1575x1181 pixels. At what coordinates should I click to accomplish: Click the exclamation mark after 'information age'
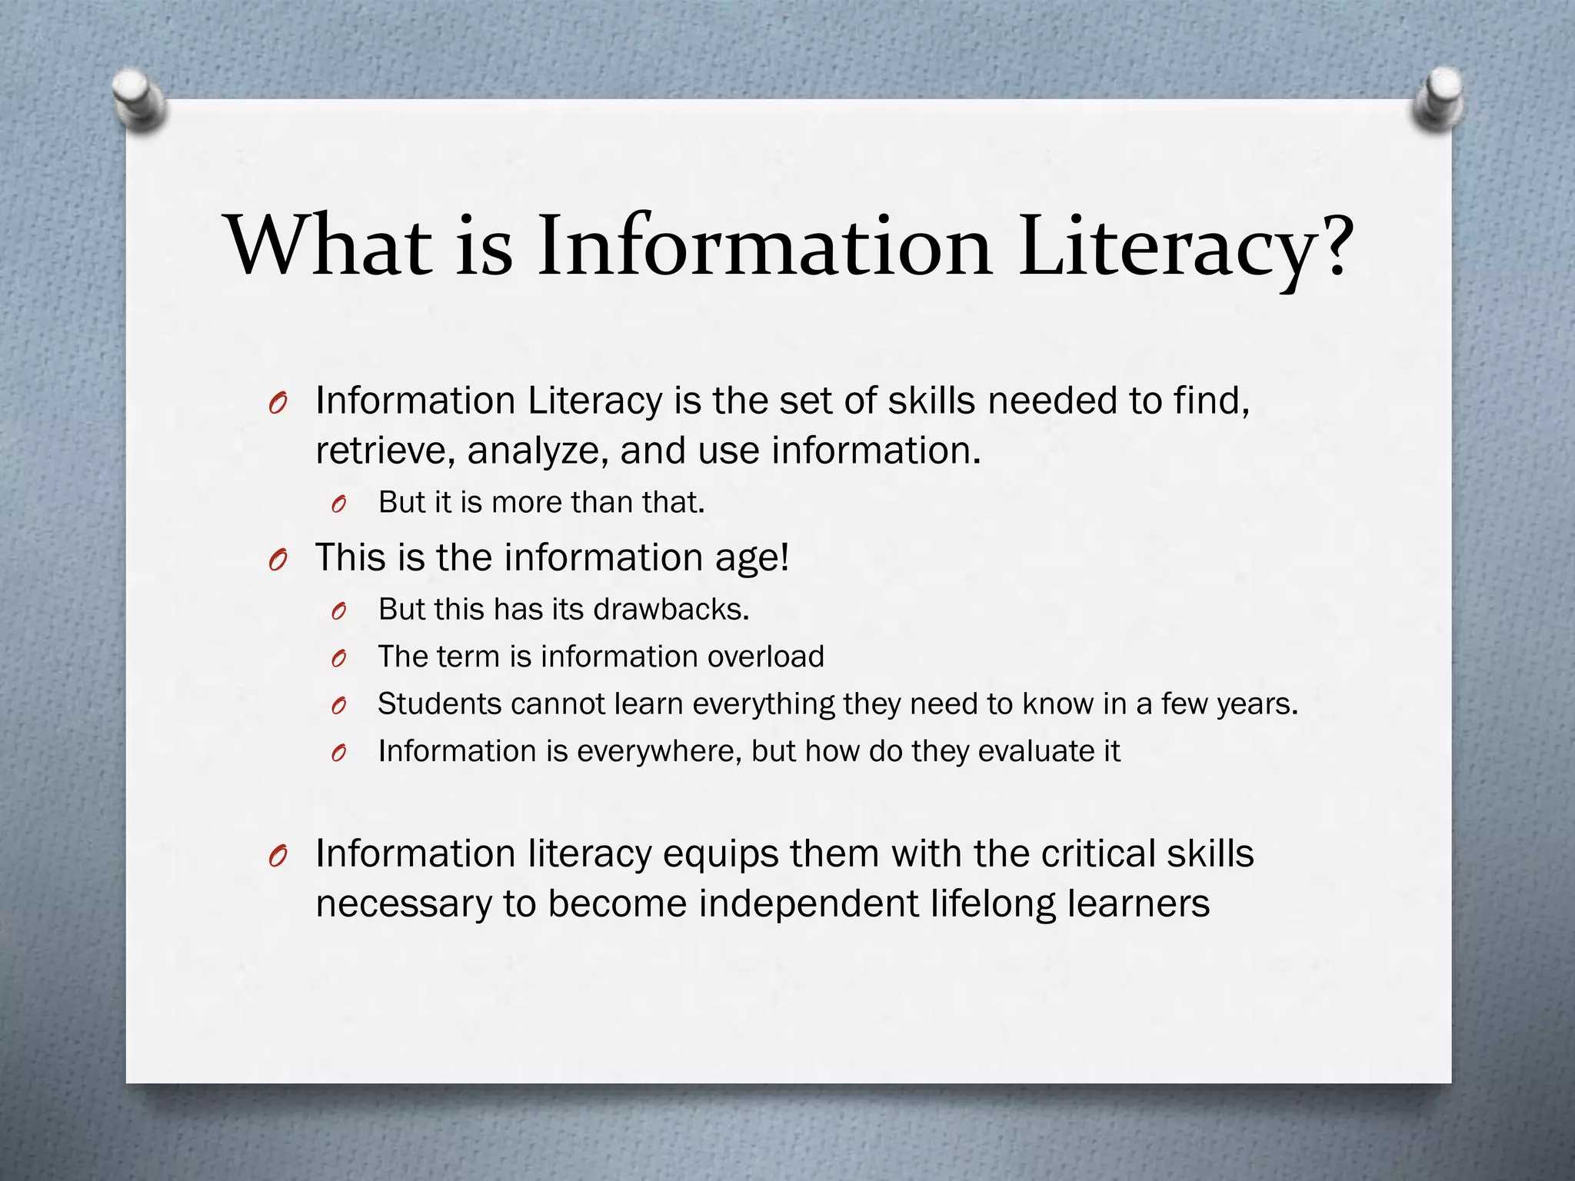tap(784, 557)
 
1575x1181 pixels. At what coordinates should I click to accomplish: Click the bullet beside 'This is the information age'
tap(278, 561)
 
